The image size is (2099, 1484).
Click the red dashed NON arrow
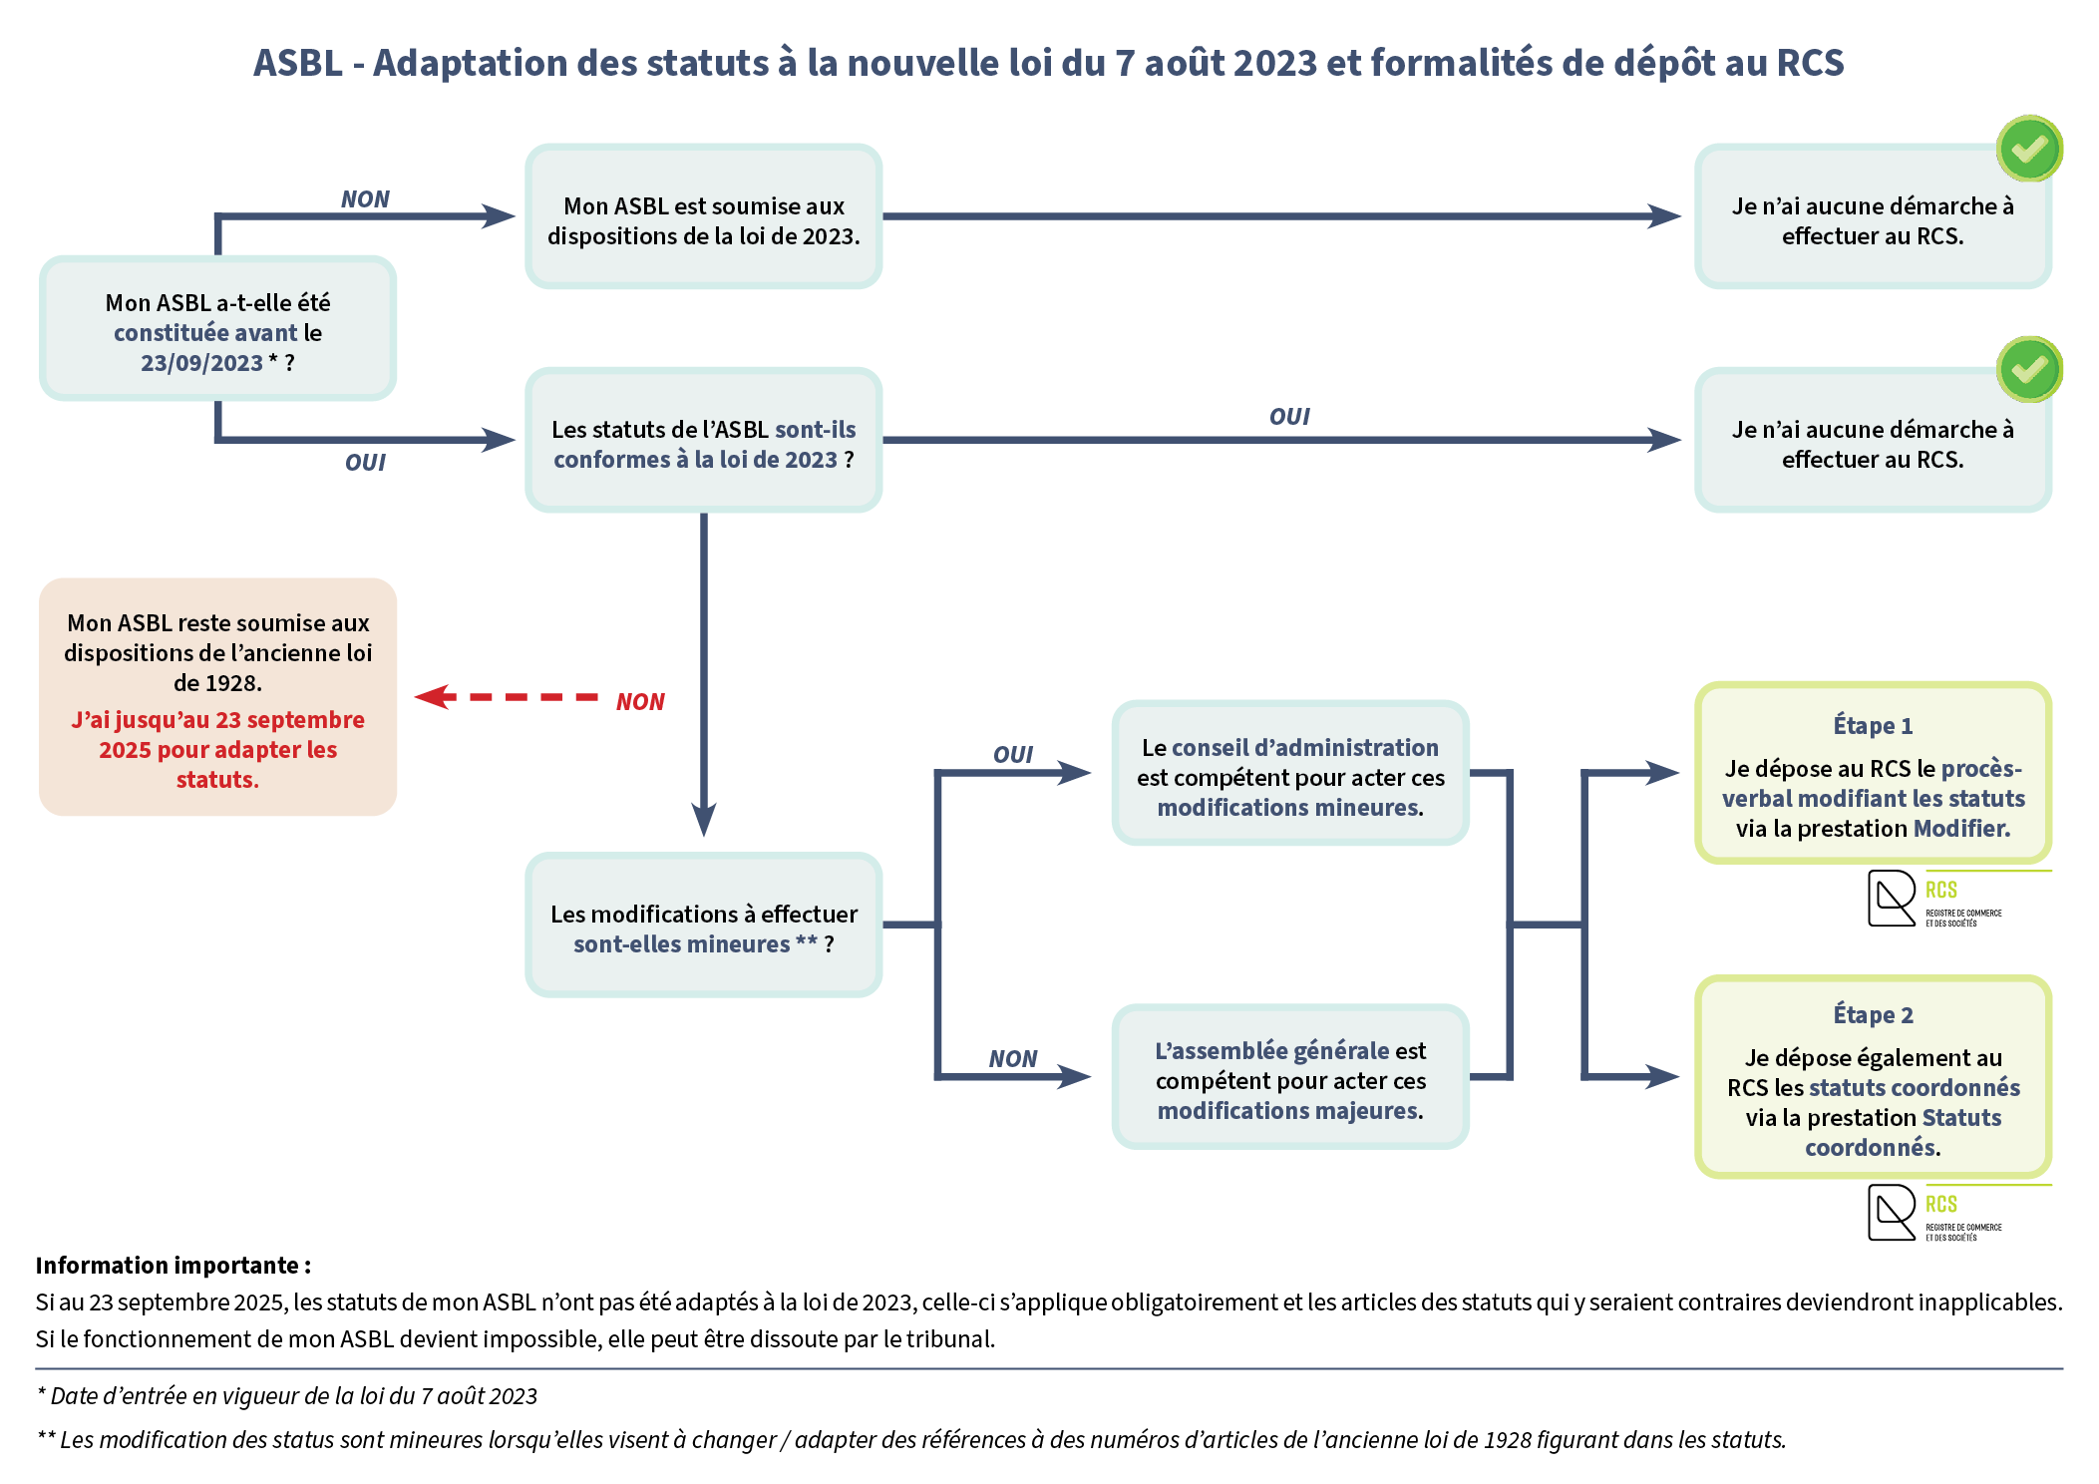(x=509, y=697)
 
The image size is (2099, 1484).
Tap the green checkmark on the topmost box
(x=2029, y=150)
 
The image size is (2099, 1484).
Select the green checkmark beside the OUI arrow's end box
(x=2029, y=370)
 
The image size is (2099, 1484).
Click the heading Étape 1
(x=1873, y=726)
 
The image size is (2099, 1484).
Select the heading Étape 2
(x=1873, y=1015)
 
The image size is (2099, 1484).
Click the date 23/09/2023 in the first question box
(x=201, y=363)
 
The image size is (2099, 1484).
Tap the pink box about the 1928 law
(x=217, y=696)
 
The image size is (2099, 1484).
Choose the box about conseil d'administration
(x=1290, y=774)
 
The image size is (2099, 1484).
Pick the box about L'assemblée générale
(x=1290, y=1078)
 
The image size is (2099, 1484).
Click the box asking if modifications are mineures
(x=704, y=926)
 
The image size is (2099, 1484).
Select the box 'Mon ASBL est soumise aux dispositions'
(x=704, y=217)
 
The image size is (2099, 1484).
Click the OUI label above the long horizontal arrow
(x=1289, y=417)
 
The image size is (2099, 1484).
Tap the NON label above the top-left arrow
(x=365, y=199)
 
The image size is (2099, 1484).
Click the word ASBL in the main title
(x=298, y=63)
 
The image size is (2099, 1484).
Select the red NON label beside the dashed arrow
(x=640, y=702)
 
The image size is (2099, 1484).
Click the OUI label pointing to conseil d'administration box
(x=1013, y=755)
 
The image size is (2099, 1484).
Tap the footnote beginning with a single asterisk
(x=287, y=1396)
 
